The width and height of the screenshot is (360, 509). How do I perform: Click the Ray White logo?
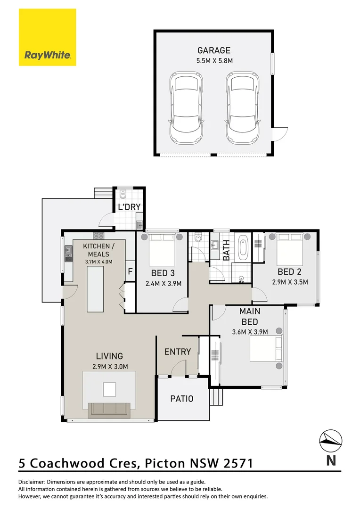(48, 37)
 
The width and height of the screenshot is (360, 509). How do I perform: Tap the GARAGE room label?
(214, 50)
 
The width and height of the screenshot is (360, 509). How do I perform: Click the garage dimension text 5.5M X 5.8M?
(214, 61)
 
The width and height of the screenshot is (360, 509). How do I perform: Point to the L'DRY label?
(129, 207)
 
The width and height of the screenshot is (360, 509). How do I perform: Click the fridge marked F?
(130, 271)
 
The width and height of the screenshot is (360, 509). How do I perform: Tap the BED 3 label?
(163, 273)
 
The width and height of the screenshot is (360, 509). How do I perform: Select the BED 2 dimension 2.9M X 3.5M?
(290, 282)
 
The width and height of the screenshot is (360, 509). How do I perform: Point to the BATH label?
(226, 250)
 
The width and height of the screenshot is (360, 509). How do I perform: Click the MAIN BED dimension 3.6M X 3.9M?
(250, 332)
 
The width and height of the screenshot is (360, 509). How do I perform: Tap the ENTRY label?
(178, 352)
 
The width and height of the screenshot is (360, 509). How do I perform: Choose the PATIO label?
(182, 399)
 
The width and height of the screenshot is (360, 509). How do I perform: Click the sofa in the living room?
(109, 410)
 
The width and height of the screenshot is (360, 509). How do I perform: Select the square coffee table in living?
(109, 389)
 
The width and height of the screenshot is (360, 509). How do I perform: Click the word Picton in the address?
(165, 463)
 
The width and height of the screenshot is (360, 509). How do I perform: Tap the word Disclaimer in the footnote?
(32, 482)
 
